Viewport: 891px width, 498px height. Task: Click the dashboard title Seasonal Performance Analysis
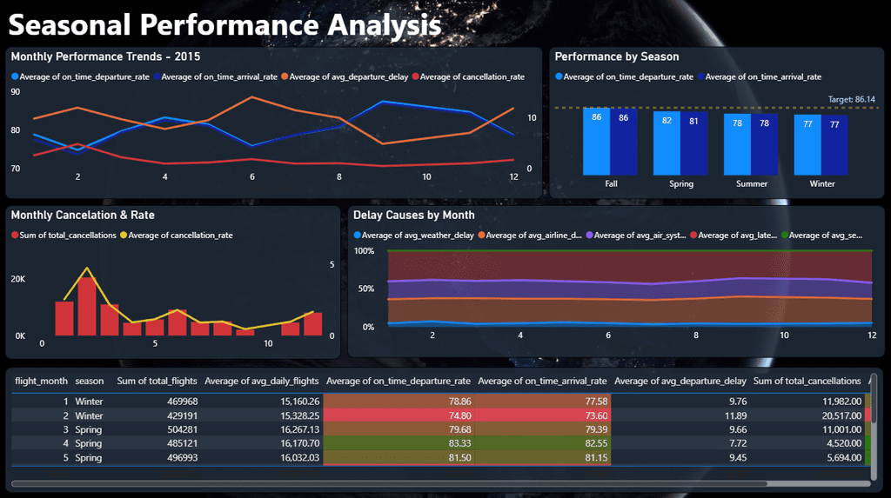coord(224,24)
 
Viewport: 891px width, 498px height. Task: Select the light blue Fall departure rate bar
coord(596,141)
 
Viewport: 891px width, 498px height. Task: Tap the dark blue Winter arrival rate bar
coord(834,145)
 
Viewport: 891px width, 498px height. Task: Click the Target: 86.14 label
coord(851,99)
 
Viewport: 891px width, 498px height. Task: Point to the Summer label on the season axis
coord(751,184)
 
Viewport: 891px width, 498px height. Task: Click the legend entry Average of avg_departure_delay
coord(344,76)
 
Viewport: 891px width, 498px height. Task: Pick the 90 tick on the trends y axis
coord(16,91)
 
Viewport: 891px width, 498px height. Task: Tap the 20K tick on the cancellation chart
coord(18,279)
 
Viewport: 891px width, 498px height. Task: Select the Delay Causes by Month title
coord(414,215)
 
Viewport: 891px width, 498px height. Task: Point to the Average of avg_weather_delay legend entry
coord(419,236)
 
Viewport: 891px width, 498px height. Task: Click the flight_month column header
coord(42,381)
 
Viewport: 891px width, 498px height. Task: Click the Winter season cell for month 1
coord(89,402)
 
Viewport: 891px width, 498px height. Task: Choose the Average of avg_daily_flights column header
coord(262,381)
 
